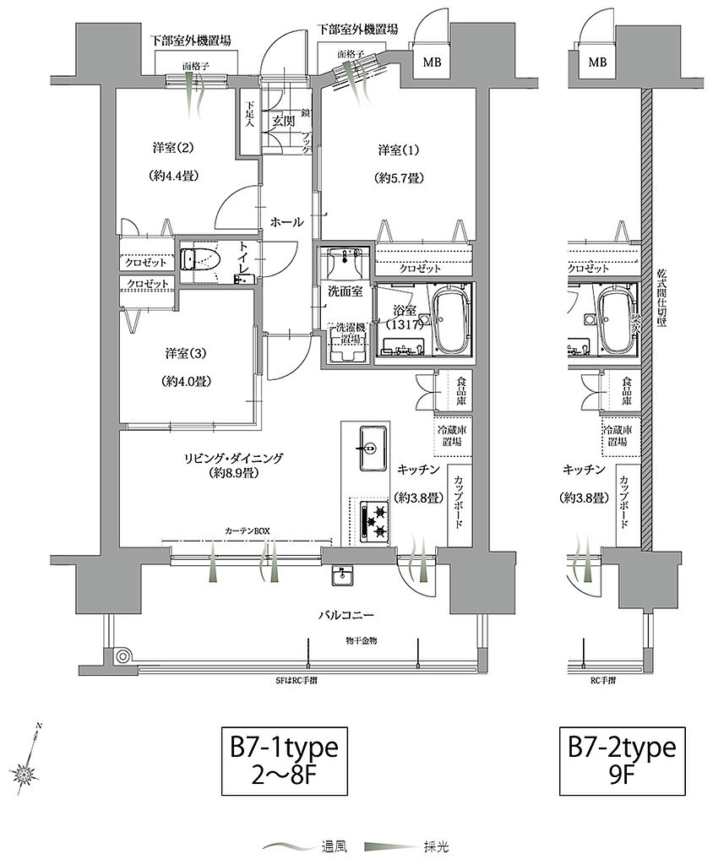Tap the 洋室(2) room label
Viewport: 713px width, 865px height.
coord(173,148)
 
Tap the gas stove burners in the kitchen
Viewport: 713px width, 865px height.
coord(373,520)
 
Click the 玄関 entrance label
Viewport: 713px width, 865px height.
coord(281,121)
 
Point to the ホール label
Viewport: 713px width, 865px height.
coord(286,222)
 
